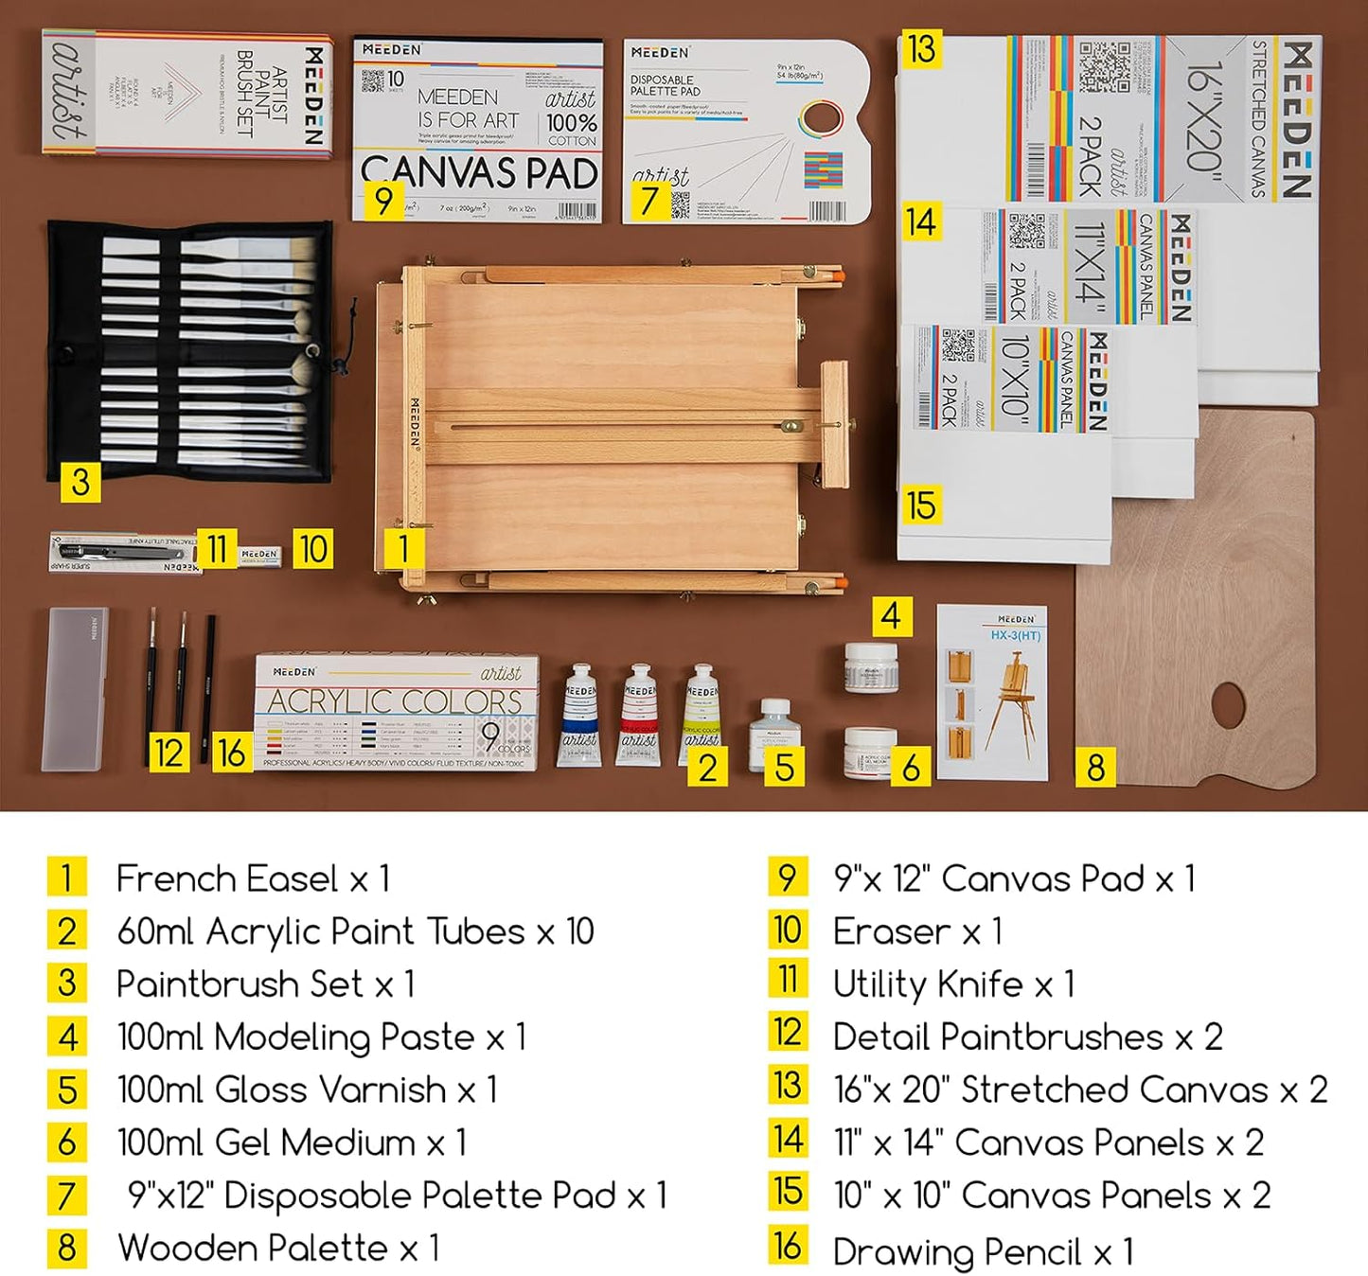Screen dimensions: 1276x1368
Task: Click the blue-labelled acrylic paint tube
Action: tap(579, 716)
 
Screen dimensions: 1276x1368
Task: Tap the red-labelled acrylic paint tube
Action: tap(640, 716)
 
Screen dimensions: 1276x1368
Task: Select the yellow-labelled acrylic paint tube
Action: tap(701, 710)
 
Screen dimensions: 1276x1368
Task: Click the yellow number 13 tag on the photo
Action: tap(920, 49)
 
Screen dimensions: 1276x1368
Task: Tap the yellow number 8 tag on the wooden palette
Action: tap(1095, 767)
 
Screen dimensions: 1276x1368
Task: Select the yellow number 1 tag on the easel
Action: tap(403, 548)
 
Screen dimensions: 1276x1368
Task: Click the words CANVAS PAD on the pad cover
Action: tap(479, 173)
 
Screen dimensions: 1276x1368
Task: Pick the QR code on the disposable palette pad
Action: tap(680, 204)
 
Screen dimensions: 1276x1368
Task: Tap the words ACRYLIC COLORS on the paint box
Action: tap(395, 701)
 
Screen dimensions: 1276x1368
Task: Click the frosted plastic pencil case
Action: tap(76, 688)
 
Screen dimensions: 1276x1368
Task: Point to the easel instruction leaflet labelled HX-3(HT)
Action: tap(992, 694)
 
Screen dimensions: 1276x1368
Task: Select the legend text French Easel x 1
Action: tap(253, 878)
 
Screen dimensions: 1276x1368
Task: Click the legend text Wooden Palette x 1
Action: tap(278, 1249)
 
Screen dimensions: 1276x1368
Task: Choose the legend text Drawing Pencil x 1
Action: tap(983, 1252)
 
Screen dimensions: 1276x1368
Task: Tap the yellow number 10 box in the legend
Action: tap(788, 930)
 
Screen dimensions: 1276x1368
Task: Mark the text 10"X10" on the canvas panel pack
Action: tap(1014, 378)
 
